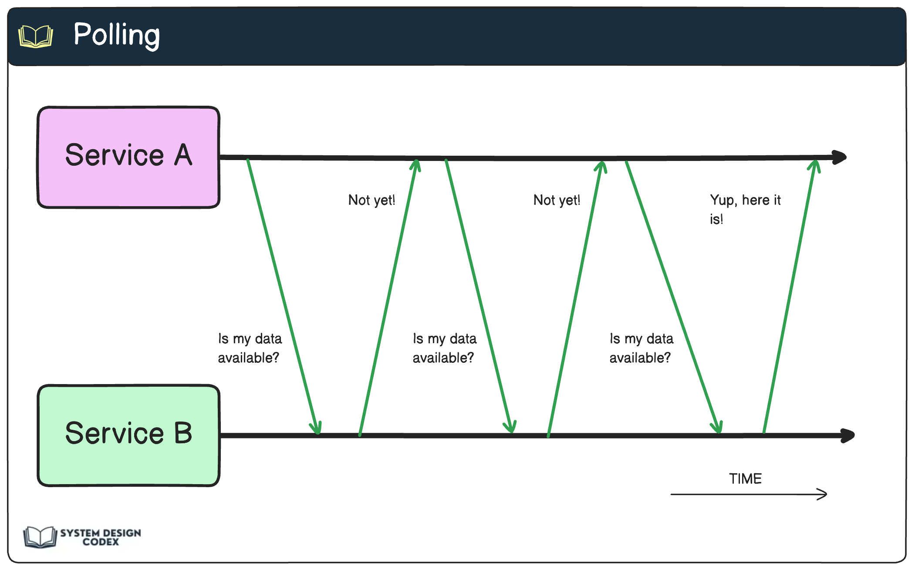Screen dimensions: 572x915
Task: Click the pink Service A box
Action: click(x=128, y=157)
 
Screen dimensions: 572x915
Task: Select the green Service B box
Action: click(x=128, y=435)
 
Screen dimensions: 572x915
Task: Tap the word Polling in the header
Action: click(x=117, y=35)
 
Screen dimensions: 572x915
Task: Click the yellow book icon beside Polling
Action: click(x=36, y=36)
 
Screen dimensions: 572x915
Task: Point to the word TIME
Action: click(x=745, y=478)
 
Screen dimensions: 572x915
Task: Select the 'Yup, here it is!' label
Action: click(x=745, y=209)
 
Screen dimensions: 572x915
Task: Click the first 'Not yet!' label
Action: click(x=371, y=200)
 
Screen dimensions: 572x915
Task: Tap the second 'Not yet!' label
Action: click(x=557, y=200)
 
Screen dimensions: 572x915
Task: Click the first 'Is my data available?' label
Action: click(x=250, y=348)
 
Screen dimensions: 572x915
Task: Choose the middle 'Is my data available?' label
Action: click(x=444, y=348)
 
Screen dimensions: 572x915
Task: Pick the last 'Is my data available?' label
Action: click(x=641, y=348)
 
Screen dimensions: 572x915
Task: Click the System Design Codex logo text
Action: click(x=100, y=537)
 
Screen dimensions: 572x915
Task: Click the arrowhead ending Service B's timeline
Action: click(x=848, y=435)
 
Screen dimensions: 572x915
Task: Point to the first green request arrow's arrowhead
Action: click(x=317, y=428)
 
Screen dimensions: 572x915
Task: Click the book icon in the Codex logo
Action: click(x=40, y=537)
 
